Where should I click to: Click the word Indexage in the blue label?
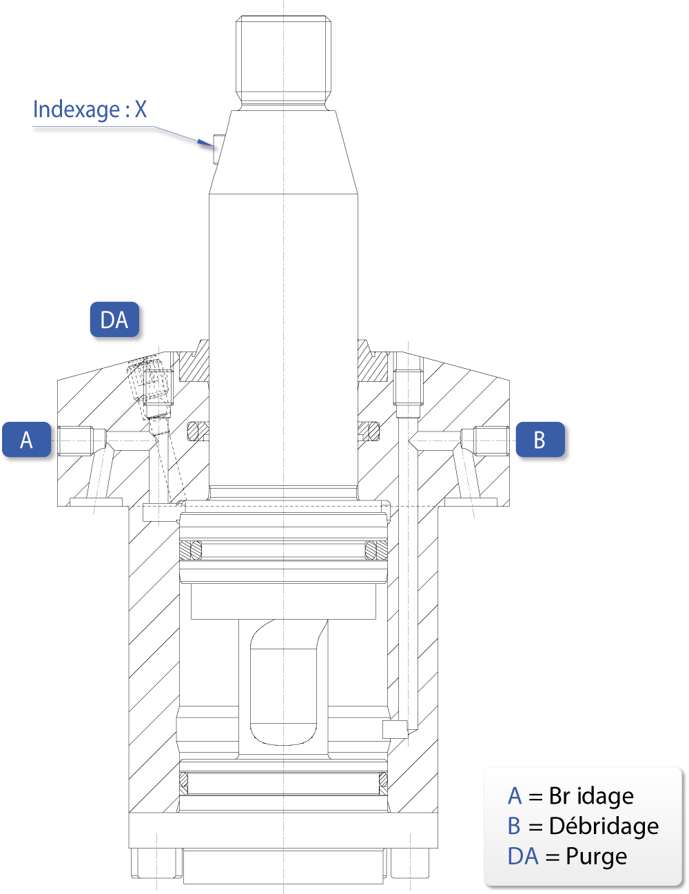pyautogui.click(x=76, y=110)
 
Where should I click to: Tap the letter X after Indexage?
pyautogui.click(x=141, y=109)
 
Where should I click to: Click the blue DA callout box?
pyautogui.click(x=114, y=320)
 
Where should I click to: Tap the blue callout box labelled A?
pyautogui.click(x=26, y=440)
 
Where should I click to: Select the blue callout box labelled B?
pyautogui.click(x=539, y=440)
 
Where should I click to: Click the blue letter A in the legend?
pyautogui.click(x=515, y=796)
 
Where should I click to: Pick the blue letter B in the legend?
pyautogui.click(x=514, y=826)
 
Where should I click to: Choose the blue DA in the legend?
pyautogui.click(x=523, y=856)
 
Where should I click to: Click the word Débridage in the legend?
pyautogui.click(x=604, y=826)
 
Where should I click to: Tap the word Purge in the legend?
pyautogui.click(x=596, y=857)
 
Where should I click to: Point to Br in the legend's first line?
pyautogui.click(x=559, y=796)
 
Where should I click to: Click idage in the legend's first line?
pyautogui.click(x=605, y=797)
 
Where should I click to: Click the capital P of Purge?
pyautogui.click(x=572, y=856)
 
